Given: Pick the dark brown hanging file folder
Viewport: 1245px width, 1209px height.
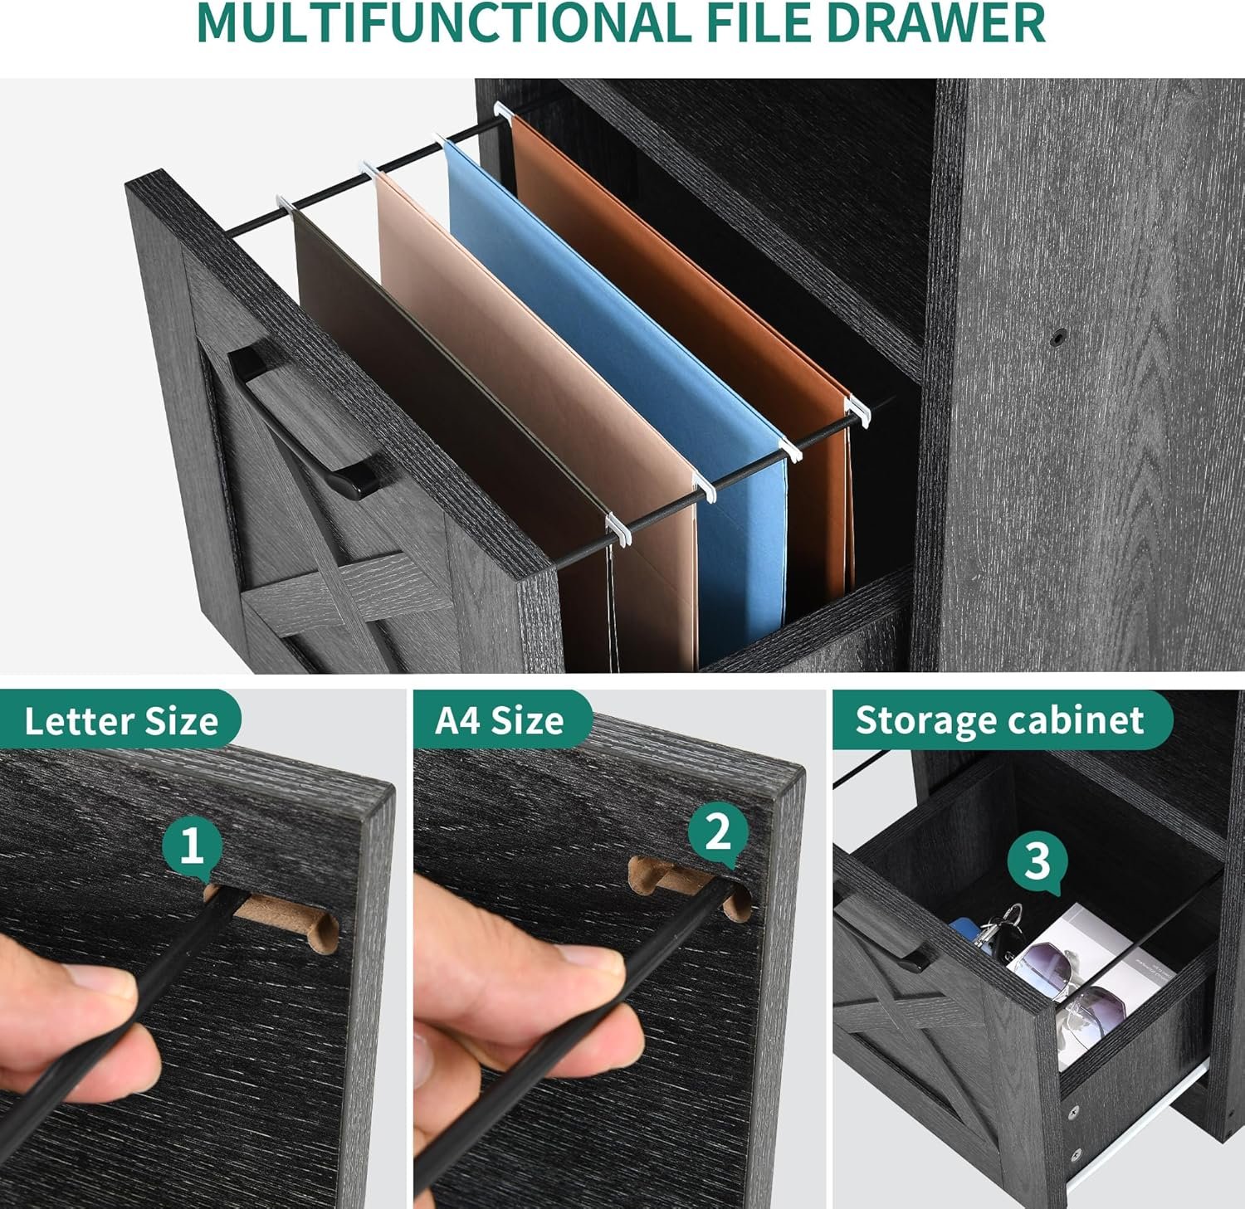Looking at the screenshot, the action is [x=448, y=431].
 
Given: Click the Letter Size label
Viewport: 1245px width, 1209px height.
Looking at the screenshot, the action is [x=121, y=720].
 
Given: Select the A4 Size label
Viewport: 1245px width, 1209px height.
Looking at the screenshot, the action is [x=500, y=720].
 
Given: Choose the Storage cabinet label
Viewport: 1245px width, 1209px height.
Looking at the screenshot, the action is [x=1000, y=720].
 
